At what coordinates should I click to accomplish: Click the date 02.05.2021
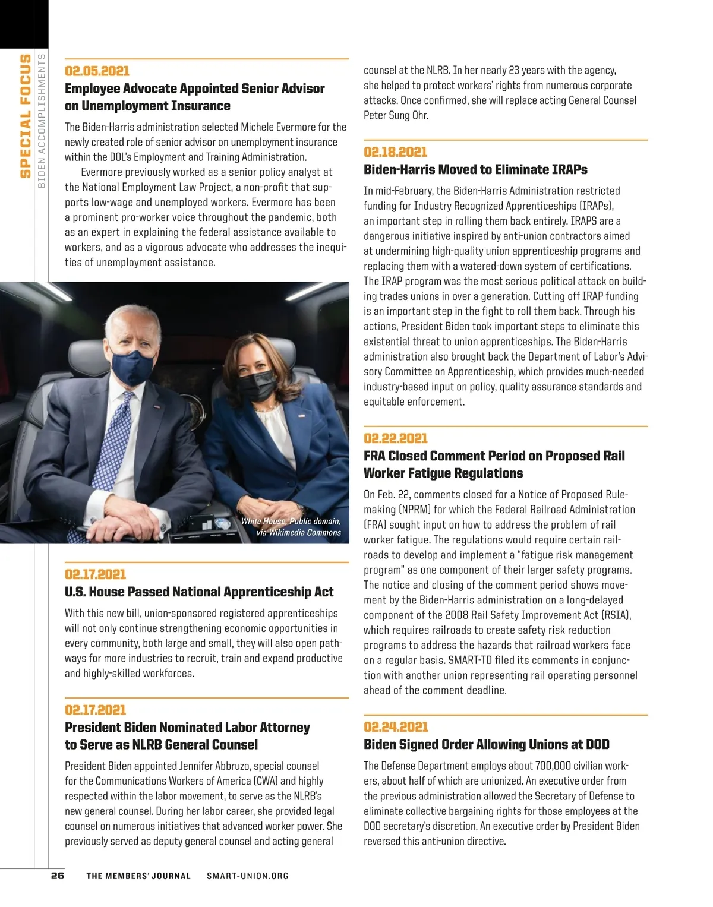pyautogui.click(x=97, y=71)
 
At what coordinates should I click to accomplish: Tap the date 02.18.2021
pyautogui.click(x=395, y=152)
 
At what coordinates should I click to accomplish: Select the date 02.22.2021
pyautogui.click(x=395, y=438)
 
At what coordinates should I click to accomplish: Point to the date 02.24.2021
pyautogui.click(x=396, y=727)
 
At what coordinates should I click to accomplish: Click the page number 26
pyautogui.click(x=58, y=876)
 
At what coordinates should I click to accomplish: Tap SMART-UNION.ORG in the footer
pyautogui.click(x=248, y=876)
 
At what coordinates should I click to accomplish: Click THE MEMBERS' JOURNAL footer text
pyautogui.click(x=138, y=876)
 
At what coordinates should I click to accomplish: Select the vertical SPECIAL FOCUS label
pyautogui.click(x=25, y=116)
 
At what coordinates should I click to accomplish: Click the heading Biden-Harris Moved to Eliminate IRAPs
pyautogui.click(x=475, y=170)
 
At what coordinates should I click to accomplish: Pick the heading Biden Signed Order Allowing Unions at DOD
pyautogui.click(x=486, y=745)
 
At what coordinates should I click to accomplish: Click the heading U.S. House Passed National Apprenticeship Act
pyautogui.click(x=199, y=592)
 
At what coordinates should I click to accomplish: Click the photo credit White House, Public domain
pyautogui.click(x=291, y=522)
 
